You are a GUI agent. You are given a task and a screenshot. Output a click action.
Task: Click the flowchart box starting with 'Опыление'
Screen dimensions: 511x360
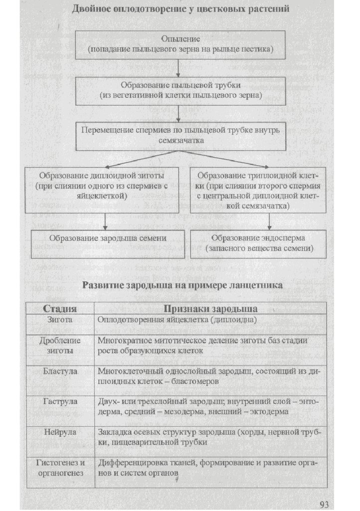point(180,44)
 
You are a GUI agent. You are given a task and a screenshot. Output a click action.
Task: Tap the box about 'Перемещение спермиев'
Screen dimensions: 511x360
point(180,135)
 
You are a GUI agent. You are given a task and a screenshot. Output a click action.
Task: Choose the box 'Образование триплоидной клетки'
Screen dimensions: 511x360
point(258,190)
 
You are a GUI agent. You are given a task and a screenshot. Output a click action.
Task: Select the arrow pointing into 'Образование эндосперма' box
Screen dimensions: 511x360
point(269,222)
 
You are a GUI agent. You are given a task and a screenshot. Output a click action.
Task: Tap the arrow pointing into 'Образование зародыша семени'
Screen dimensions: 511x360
point(105,222)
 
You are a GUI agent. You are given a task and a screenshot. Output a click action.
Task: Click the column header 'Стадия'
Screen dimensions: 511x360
point(60,307)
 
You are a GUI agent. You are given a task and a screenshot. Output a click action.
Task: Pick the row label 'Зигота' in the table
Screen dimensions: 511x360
point(61,319)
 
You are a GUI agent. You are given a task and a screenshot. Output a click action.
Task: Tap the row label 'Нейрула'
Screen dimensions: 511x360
point(60,432)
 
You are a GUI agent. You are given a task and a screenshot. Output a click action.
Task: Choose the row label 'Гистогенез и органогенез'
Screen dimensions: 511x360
point(60,467)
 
